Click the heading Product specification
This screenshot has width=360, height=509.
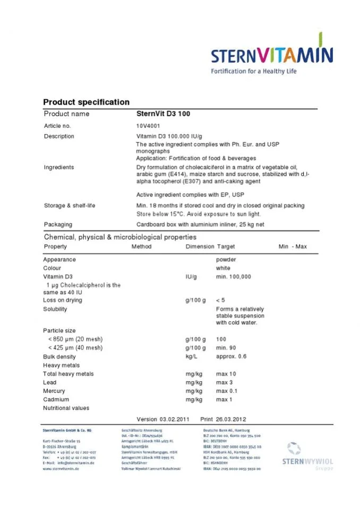86,102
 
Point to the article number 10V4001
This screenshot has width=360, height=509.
148,126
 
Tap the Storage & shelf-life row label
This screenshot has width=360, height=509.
70,205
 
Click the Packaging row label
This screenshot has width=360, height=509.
58,225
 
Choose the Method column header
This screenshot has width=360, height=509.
141,246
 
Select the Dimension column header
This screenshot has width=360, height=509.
200,246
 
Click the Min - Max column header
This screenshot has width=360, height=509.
293,246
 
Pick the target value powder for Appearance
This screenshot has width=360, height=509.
226,260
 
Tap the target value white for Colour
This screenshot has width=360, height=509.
223,268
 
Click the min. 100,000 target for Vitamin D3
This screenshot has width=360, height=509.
234,277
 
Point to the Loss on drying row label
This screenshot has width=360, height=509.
64,300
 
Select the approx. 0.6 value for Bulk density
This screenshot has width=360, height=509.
232,357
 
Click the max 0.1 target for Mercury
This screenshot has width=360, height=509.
227,391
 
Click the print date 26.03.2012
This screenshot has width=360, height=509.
230,419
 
